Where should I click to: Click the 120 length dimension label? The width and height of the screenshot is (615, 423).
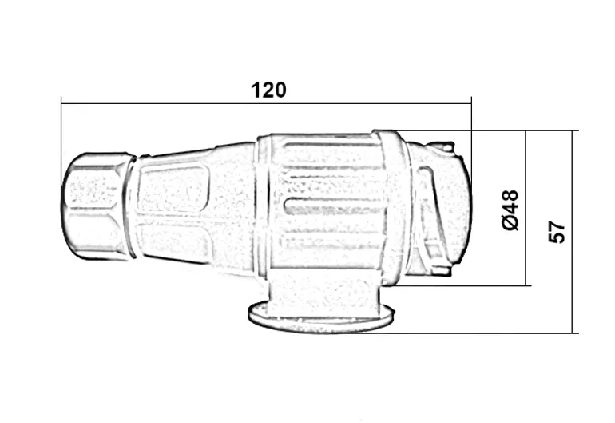click(x=268, y=90)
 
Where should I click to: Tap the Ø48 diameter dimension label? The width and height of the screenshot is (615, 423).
click(x=510, y=210)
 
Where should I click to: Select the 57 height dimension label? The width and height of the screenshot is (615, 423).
click(x=557, y=232)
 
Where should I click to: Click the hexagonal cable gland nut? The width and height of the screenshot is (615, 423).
click(x=95, y=206)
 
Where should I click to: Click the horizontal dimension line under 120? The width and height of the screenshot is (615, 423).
click(x=266, y=104)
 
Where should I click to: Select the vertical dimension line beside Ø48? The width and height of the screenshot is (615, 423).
click(x=526, y=208)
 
